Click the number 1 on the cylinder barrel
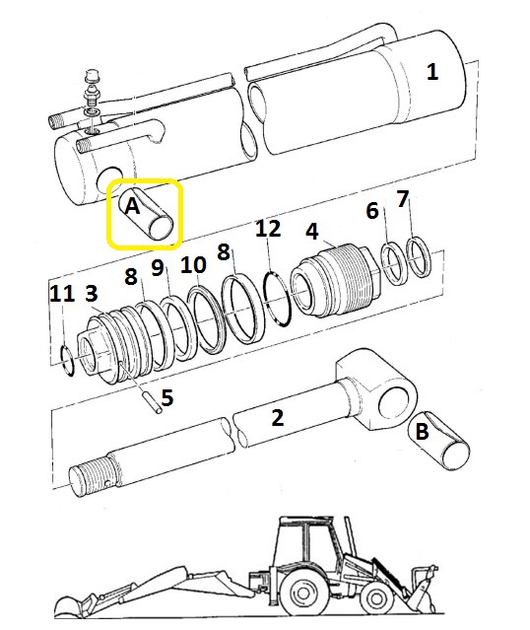pyautogui.click(x=432, y=72)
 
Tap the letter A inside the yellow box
pyautogui.click(x=132, y=206)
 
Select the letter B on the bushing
pyautogui.click(x=422, y=432)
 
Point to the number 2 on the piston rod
pyautogui.click(x=278, y=418)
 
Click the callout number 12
pyautogui.click(x=268, y=228)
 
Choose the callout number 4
pyautogui.click(x=312, y=232)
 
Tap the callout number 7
pyautogui.click(x=403, y=199)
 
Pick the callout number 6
pyautogui.click(x=372, y=211)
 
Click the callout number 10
pyautogui.click(x=193, y=265)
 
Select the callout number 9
pyautogui.click(x=158, y=267)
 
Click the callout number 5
pyautogui.click(x=167, y=397)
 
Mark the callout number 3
pyautogui.click(x=92, y=293)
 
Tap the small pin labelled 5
pyautogui.click(x=153, y=402)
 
